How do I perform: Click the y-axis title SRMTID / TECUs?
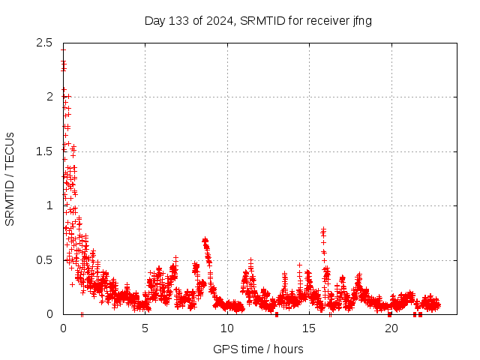click(x=10, y=178)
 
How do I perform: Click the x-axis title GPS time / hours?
click(x=258, y=349)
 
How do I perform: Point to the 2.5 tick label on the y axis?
click(x=43, y=42)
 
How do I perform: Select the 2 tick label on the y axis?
click(x=49, y=97)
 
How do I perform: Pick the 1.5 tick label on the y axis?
click(x=43, y=151)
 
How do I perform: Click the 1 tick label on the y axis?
click(x=49, y=205)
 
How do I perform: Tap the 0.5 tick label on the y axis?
click(x=43, y=260)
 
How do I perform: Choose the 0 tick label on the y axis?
click(x=49, y=314)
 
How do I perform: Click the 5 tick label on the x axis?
click(x=145, y=328)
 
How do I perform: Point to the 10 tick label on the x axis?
click(x=227, y=328)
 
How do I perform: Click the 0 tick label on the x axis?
click(x=63, y=328)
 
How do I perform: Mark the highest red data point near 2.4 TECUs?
click(x=63, y=50)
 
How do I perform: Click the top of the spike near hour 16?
click(x=323, y=229)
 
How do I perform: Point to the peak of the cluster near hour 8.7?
click(x=205, y=240)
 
